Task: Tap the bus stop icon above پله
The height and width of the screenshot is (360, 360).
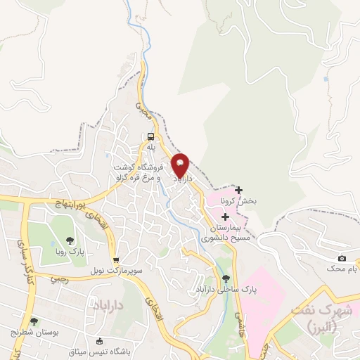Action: (151, 137)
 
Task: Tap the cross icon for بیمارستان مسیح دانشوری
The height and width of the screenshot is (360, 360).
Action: (224, 217)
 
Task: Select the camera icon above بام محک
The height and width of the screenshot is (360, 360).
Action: (342, 259)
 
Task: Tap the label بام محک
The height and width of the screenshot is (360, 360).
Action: (342, 269)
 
